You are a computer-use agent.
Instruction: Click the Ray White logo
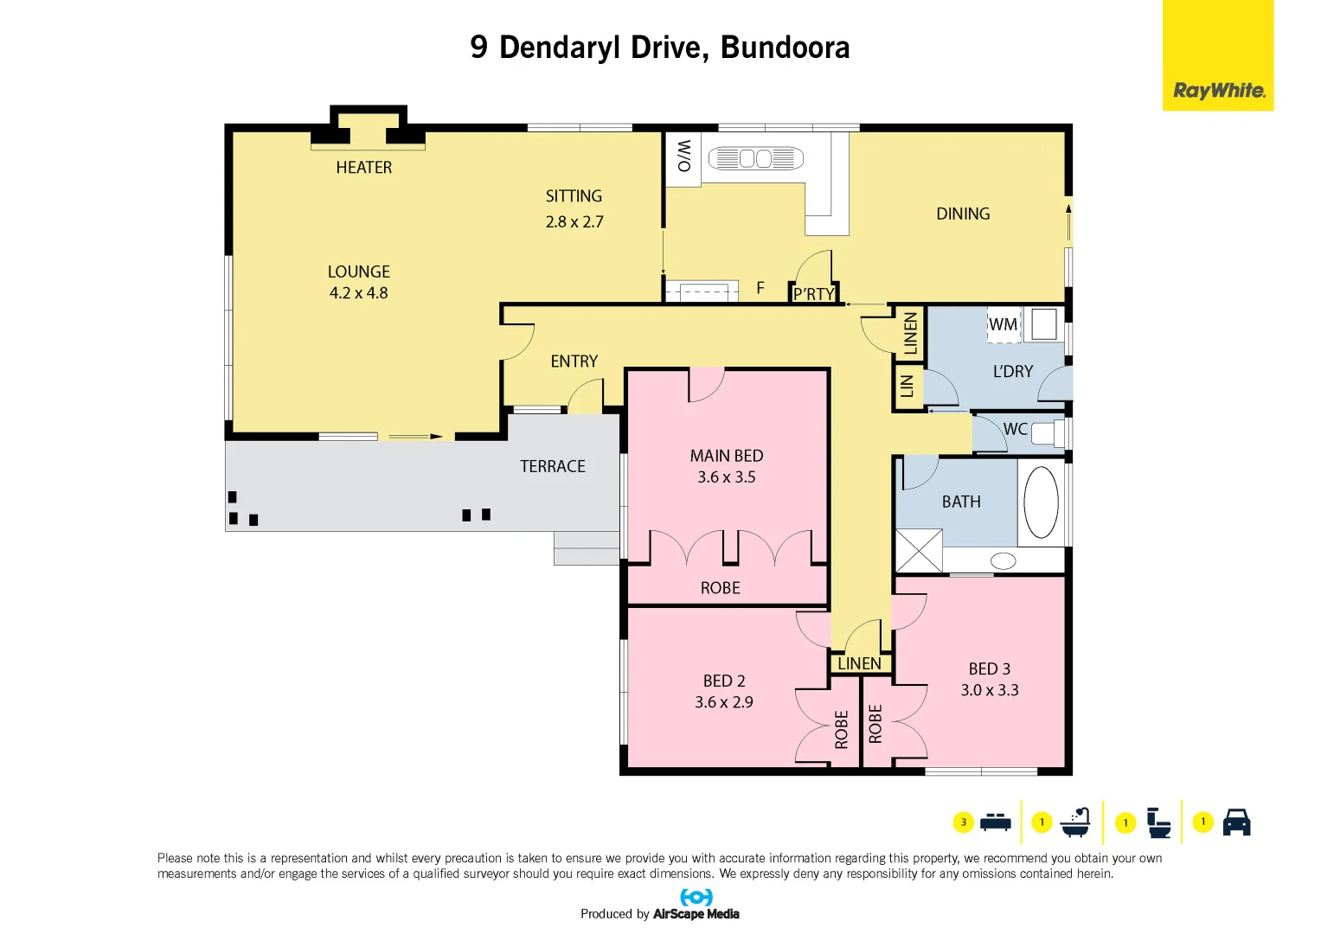click(x=1218, y=90)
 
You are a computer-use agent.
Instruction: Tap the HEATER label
click(x=363, y=168)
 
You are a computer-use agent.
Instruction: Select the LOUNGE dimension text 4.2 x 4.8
click(x=358, y=293)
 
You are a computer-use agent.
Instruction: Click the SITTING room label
click(x=574, y=196)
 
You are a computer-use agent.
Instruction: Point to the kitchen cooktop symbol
click(x=755, y=159)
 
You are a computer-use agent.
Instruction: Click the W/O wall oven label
click(x=683, y=156)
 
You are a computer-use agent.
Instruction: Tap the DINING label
click(x=963, y=214)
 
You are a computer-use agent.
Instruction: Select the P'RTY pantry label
click(x=814, y=294)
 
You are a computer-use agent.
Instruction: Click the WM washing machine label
click(x=1003, y=325)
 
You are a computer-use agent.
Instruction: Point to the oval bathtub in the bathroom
click(x=1041, y=502)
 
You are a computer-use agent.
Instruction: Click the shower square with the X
click(x=918, y=551)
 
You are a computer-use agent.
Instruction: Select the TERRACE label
click(x=553, y=467)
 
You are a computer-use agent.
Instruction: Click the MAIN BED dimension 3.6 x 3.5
click(x=727, y=477)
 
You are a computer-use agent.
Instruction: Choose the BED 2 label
click(x=724, y=681)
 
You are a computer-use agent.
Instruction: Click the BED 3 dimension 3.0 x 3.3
click(x=990, y=690)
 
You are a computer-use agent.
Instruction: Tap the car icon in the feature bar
click(x=1236, y=822)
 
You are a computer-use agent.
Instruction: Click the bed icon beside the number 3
click(x=996, y=822)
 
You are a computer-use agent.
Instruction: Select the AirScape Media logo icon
click(x=696, y=897)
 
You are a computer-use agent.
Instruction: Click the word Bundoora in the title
click(x=785, y=48)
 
